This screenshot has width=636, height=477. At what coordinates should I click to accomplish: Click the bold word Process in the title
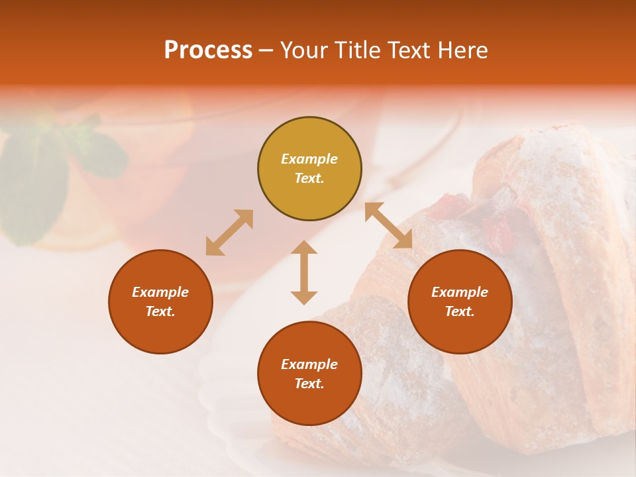click(208, 50)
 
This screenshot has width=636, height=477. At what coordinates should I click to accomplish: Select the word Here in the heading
click(462, 50)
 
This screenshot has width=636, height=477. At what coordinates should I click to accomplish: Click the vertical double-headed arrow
click(304, 272)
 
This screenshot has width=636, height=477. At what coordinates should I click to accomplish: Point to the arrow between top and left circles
click(229, 233)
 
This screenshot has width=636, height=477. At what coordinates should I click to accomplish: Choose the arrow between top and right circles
click(388, 226)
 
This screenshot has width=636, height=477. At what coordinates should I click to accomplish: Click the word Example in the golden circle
click(309, 159)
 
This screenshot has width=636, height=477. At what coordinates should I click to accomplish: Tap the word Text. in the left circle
click(160, 311)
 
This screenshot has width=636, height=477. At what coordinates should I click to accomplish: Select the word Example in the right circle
click(460, 292)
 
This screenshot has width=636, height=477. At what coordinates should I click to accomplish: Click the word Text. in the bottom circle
click(309, 384)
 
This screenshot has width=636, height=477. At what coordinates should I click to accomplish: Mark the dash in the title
click(266, 50)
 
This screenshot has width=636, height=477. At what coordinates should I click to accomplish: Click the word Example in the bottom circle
click(309, 364)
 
